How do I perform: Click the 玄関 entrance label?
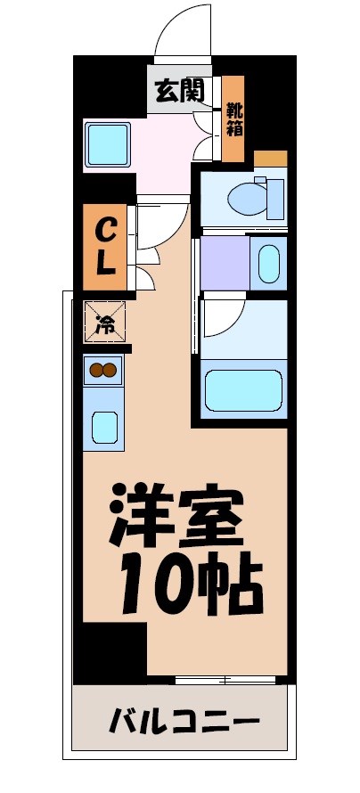coord(180,90)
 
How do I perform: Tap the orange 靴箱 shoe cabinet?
coord(233,120)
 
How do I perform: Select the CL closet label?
coord(104,248)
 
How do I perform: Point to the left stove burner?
coord(95,371)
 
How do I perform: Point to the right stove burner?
coord(110,371)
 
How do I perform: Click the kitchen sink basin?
coord(104,427)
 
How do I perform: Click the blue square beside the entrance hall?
coord(108,142)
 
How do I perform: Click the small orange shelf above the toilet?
coord(270,159)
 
